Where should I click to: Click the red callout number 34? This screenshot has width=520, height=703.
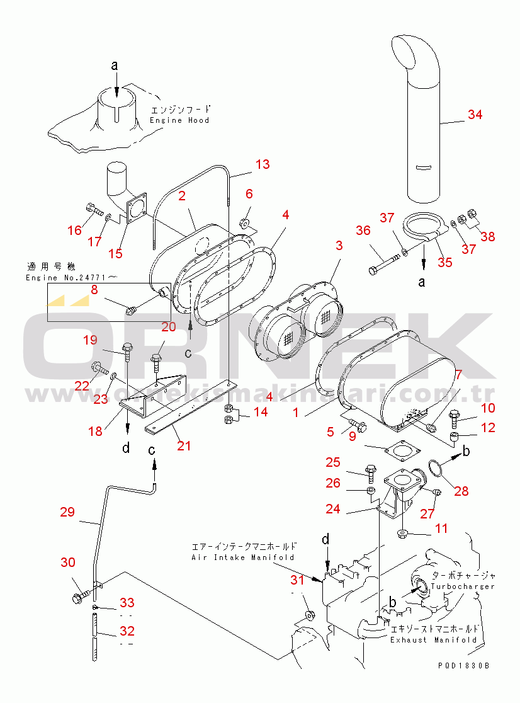(x=475, y=115)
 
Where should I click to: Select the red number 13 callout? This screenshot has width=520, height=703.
(x=262, y=164)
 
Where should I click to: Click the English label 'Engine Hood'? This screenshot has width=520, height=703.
(x=179, y=120)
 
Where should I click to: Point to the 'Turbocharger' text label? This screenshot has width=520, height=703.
(x=463, y=586)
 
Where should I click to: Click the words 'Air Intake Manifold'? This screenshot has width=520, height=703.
(x=242, y=557)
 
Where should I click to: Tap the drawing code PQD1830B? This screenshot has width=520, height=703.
(x=465, y=665)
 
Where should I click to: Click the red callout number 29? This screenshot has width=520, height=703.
(x=67, y=512)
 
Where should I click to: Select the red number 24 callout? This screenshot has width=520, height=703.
(x=333, y=508)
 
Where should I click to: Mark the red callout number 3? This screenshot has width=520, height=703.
(x=339, y=245)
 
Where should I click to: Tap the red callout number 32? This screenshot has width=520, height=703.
(x=127, y=631)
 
